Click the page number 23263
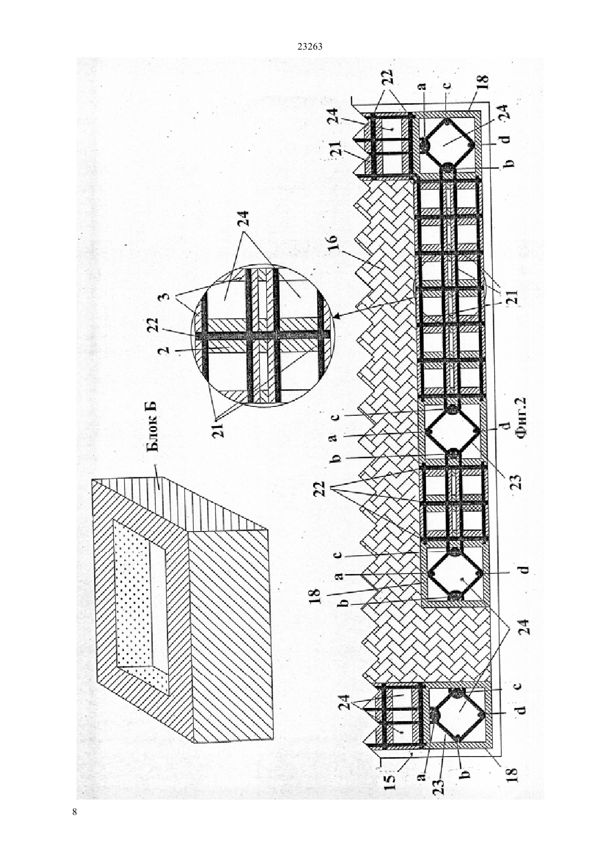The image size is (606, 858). [310, 47]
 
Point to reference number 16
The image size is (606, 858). [332, 243]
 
